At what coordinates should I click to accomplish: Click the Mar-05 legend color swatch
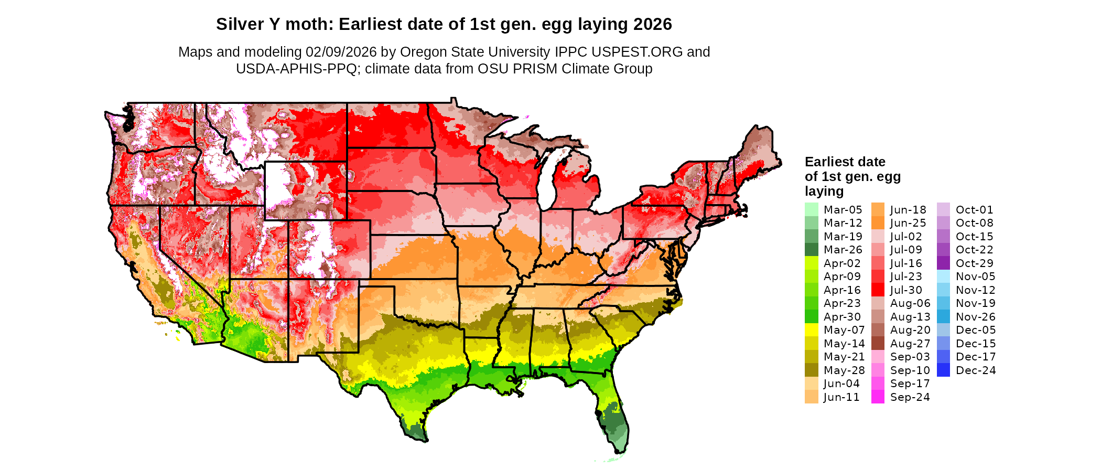pyautogui.click(x=811, y=209)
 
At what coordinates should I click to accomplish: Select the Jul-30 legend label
pyautogui.click(x=906, y=290)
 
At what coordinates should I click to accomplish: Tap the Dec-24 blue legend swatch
pyautogui.click(x=943, y=370)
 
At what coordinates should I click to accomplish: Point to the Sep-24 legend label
pyautogui.click(x=910, y=397)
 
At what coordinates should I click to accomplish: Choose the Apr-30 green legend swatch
pyautogui.click(x=811, y=317)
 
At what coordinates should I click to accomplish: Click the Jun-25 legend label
pyautogui.click(x=908, y=223)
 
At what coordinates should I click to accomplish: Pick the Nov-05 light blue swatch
pyautogui.click(x=943, y=276)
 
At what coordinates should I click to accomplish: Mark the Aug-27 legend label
pyautogui.click(x=910, y=344)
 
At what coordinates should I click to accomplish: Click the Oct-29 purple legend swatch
pyautogui.click(x=943, y=263)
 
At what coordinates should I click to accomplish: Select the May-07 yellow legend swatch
pyautogui.click(x=811, y=330)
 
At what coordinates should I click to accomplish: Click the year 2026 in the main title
pyautogui.click(x=652, y=24)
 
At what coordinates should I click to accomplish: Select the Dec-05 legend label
pyautogui.click(x=975, y=330)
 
